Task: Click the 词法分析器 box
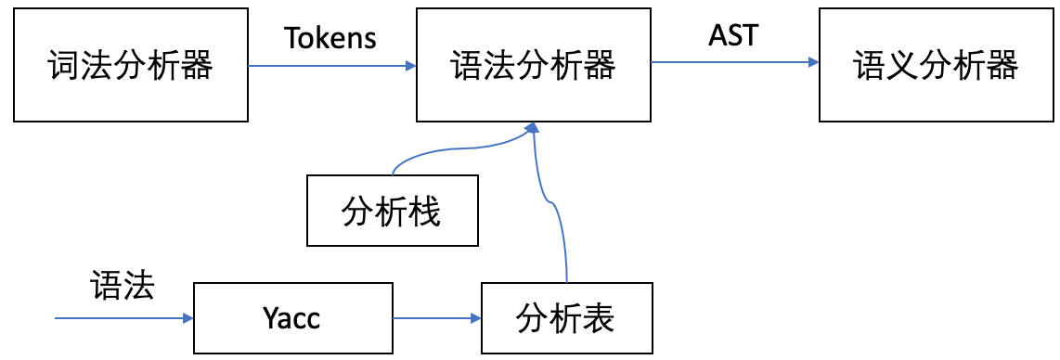pos(131,66)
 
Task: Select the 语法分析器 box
pos(533,66)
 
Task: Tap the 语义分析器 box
pos(936,66)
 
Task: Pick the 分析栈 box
pos(393,212)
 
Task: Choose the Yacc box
pos(291,318)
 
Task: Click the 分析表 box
pos(565,318)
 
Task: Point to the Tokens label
pos(330,37)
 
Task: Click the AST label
pos(733,37)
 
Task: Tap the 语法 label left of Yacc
pos(122,285)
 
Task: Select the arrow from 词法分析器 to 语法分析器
pos(331,66)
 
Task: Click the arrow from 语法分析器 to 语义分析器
pos(733,63)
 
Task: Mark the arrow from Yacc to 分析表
pos(436,318)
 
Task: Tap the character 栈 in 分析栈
pos(424,212)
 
